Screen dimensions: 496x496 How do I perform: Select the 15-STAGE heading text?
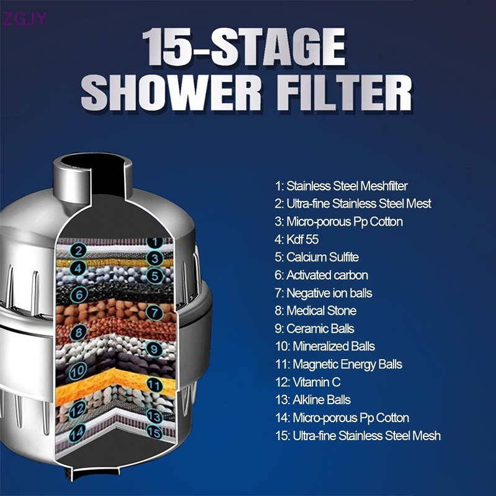click(x=243, y=46)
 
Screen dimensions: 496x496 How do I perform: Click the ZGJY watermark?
click(x=24, y=19)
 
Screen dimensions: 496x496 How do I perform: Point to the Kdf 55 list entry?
click(x=299, y=239)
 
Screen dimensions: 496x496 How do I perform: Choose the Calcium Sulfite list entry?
click(x=317, y=257)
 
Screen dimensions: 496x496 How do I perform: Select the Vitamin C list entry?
click(x=308, y=382)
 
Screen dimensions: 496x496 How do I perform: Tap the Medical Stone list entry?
click(x=316, y=311)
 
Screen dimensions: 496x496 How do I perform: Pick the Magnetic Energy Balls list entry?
click(x=338, y=364)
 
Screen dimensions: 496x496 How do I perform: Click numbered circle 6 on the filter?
click(x=78, y=294)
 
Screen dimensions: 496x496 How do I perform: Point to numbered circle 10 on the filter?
click(x=77, y=371)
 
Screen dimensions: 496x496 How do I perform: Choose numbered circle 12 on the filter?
click(x=77, y=410)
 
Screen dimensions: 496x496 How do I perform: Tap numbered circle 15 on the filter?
click(x=154, y=432)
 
